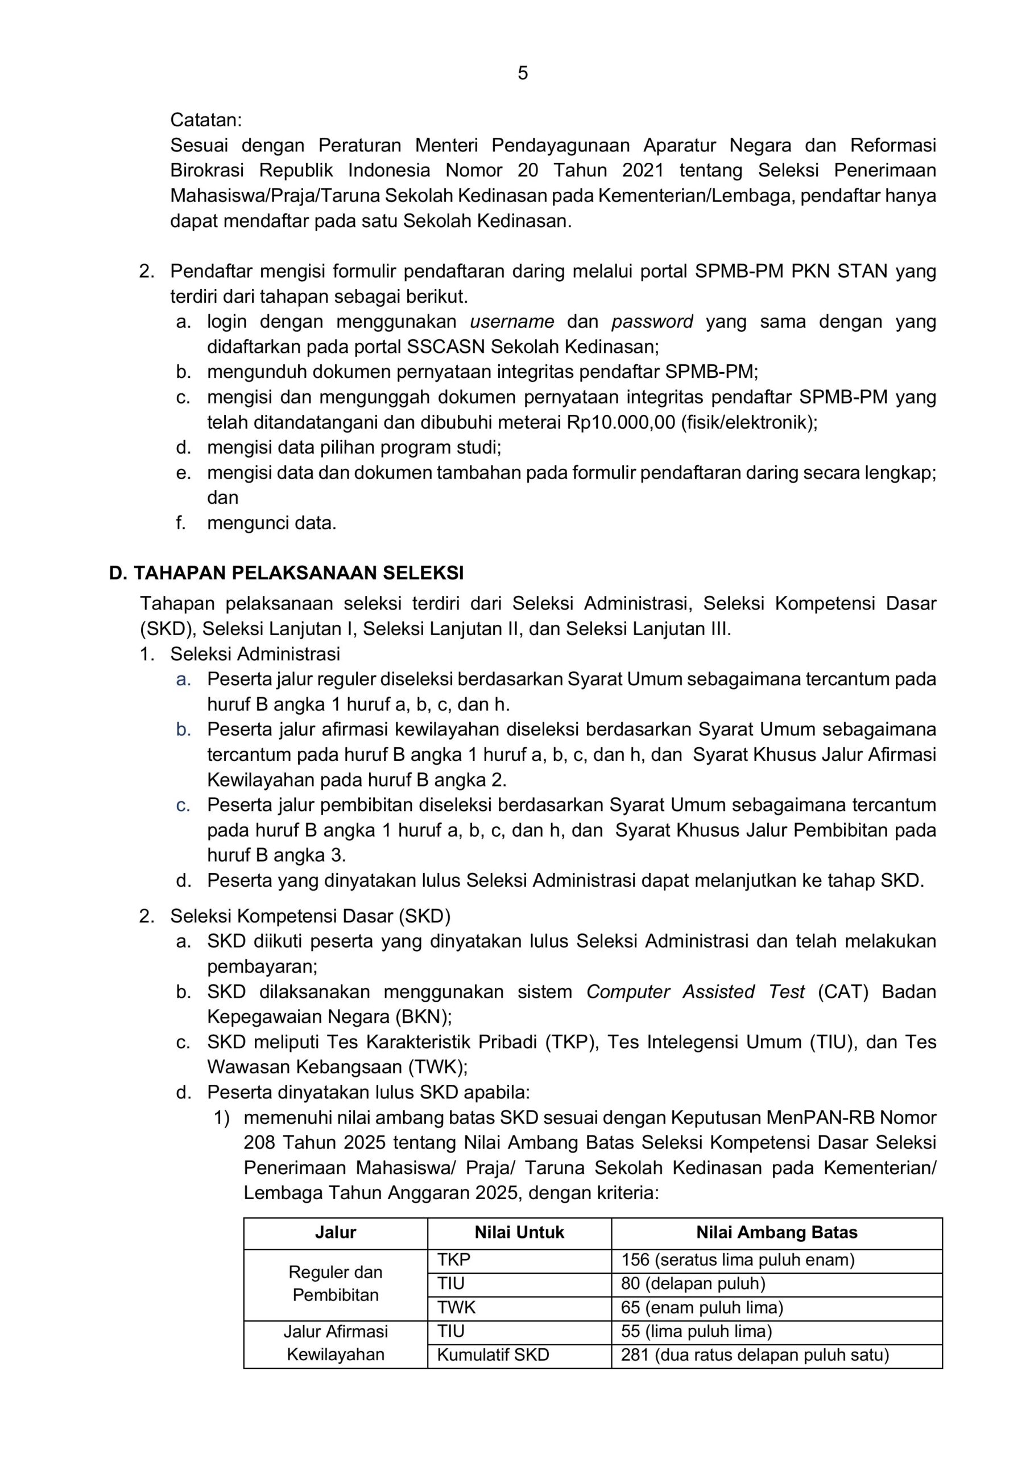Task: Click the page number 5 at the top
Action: coord(522,73)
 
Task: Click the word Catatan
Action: coord(205,120)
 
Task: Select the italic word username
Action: coord(512,322)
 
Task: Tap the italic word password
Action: coord(651,322)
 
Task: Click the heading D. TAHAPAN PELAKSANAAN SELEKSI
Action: coord(286,573)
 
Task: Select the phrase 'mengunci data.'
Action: coord(271,524)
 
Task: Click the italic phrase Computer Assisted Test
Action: coord(695,992)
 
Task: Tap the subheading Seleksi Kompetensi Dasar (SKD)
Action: coord(310,916)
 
